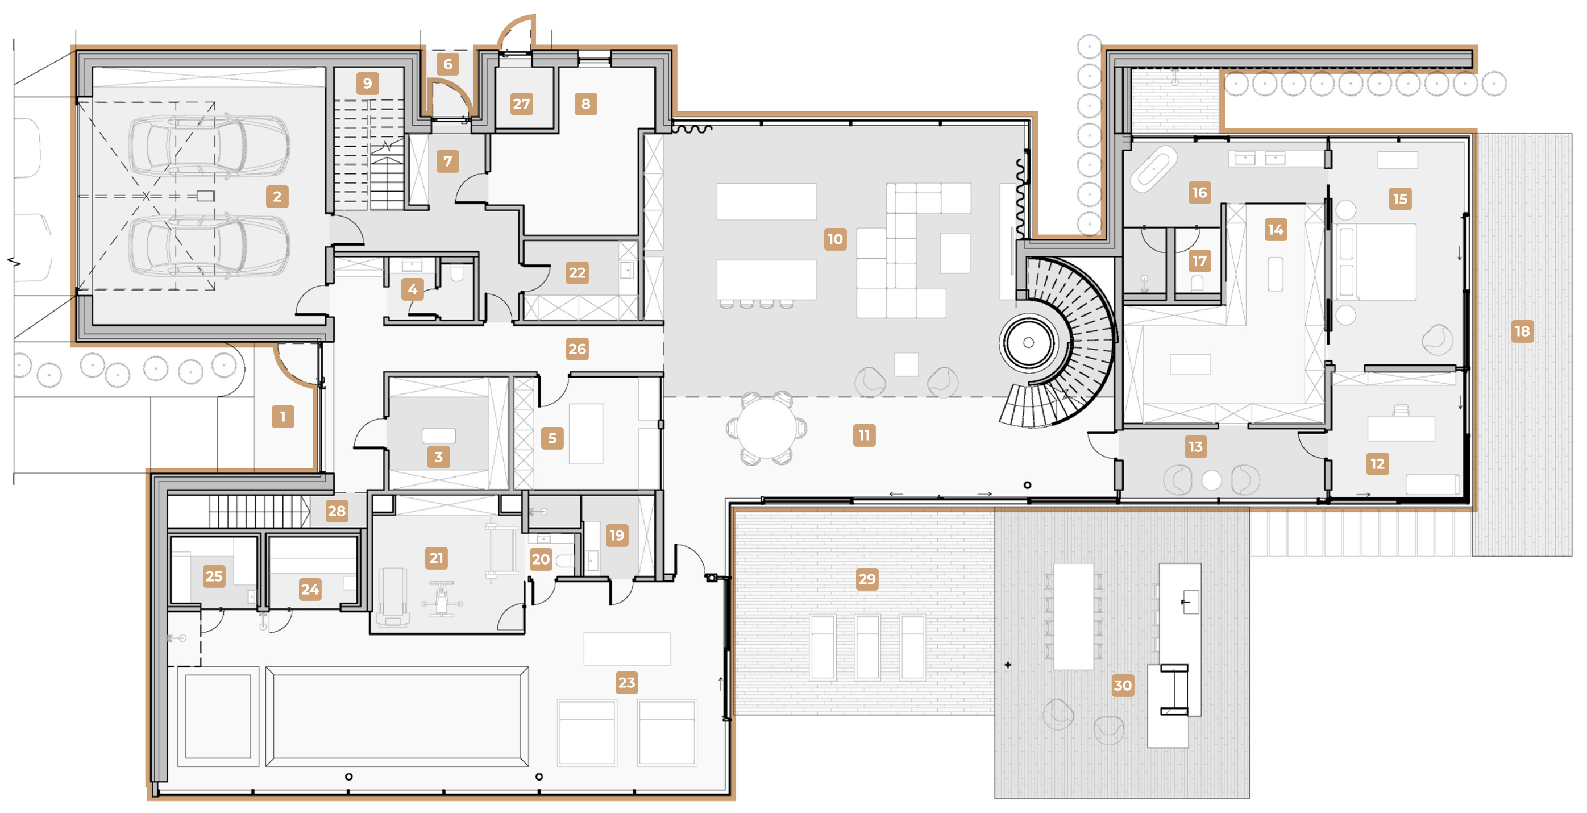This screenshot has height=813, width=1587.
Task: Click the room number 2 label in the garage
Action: tap(277, 197)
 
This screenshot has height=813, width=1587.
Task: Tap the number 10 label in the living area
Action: tap(835, 239)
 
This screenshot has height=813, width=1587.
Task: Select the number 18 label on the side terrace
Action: tap(1522, 331)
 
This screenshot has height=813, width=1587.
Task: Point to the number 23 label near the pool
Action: tap(626, 682)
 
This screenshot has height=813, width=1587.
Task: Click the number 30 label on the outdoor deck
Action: tap(1123, 685)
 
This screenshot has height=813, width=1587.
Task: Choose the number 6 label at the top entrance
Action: tap(448, 64)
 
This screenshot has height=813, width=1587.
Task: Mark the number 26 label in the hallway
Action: tap(578, 349)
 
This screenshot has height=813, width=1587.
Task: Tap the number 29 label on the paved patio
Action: tap(867, 579)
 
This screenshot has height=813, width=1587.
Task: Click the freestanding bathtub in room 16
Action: tap(1153, 165)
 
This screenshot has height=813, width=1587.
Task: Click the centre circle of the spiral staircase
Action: tap(1028, 343)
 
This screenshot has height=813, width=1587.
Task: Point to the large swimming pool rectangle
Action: tap(397, 716)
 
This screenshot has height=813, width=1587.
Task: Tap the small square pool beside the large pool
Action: tap(218, 716)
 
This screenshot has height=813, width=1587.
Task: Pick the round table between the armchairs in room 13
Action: tap(1211, 479)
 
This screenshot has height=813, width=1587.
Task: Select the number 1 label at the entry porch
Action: tap(282, 417)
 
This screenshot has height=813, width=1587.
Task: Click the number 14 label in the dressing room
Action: tap(1276, 230)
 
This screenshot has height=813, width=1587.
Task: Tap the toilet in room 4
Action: tap(456, 272)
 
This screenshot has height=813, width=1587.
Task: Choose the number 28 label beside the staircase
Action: tap(336, 511)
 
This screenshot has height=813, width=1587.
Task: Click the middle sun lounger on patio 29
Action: tap(867, 647)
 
